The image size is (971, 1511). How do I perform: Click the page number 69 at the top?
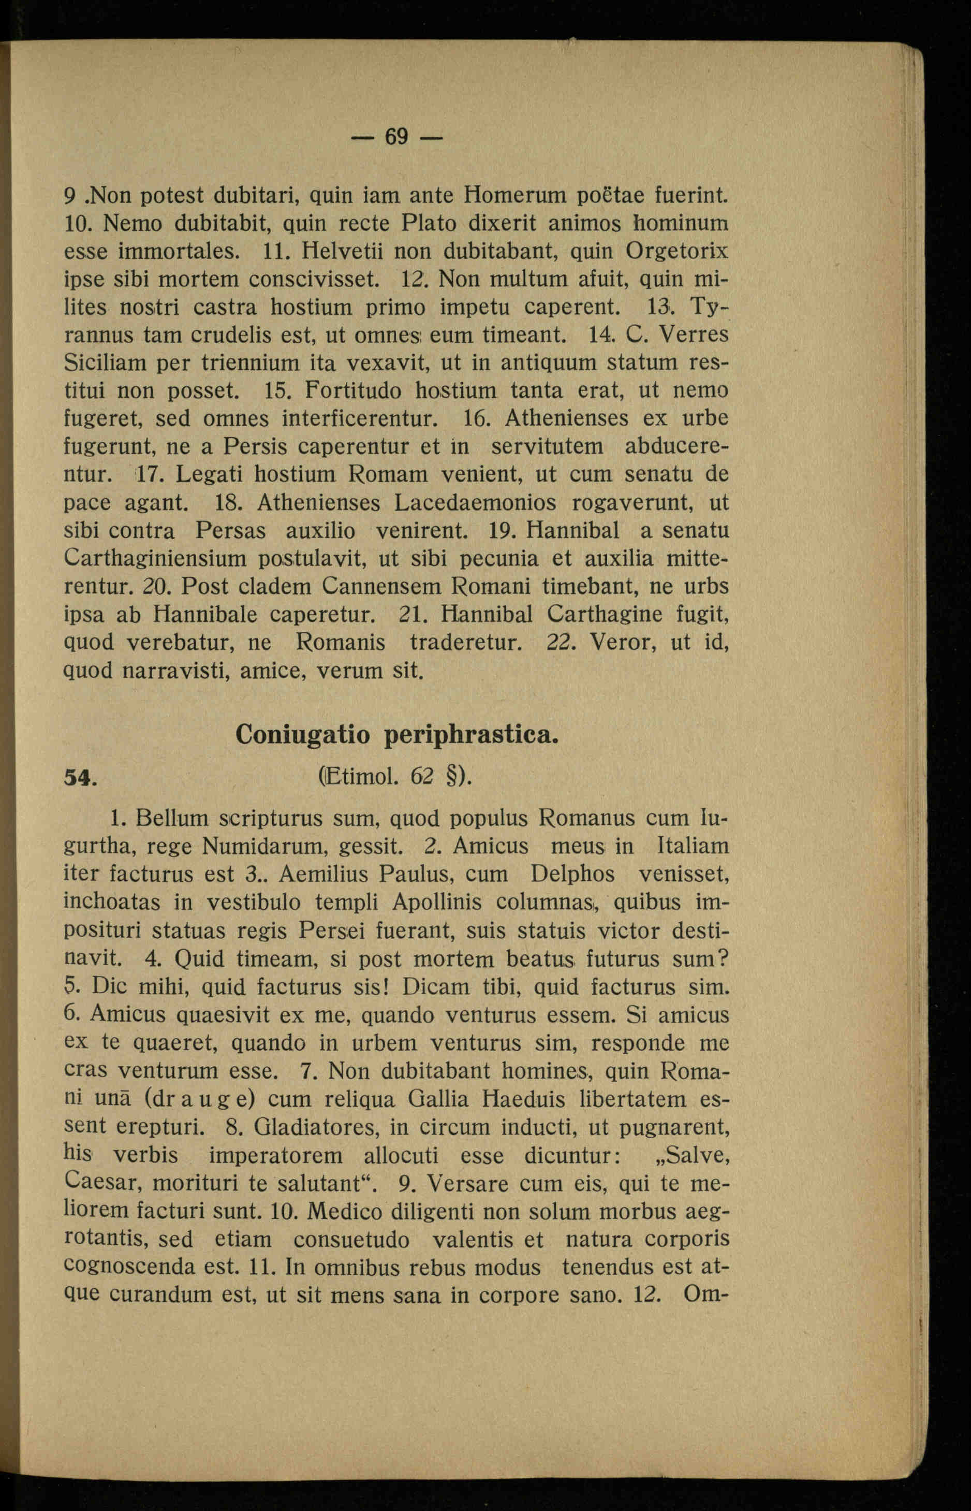pos(396,136)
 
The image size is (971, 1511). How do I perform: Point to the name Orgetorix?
pos(676,251)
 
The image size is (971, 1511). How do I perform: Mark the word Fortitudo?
pos(353,391)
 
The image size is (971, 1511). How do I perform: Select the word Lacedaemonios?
pos(476,503)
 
